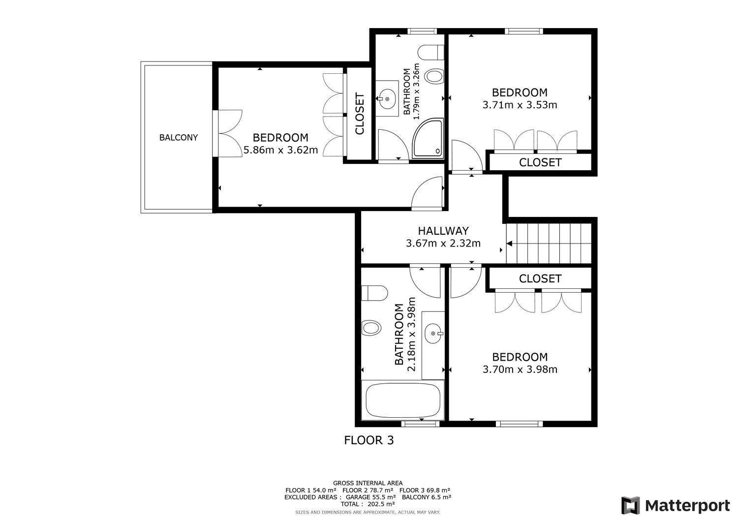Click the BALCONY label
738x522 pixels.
click(178, 138)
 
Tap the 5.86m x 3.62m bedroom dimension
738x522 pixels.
click(280, 150)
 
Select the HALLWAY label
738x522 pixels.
click(443, 231)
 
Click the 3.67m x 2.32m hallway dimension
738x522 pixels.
click(443, 243)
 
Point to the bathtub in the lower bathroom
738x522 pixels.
click(402, 400)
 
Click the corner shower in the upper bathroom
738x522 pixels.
click(428, 139)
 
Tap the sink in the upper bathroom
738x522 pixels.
click(387, 99)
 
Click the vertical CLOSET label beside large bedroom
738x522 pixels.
click(360, 114)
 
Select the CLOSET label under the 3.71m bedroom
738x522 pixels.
click(540, 162)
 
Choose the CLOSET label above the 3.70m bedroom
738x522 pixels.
click(540, 279)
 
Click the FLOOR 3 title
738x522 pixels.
click(369, 440)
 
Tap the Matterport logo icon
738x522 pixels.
click(630, 505)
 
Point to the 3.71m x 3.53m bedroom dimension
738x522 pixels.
click(520, 105)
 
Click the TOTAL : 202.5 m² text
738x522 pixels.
click(368, 504)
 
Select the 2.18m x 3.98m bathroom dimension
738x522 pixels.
click(412, 335)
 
